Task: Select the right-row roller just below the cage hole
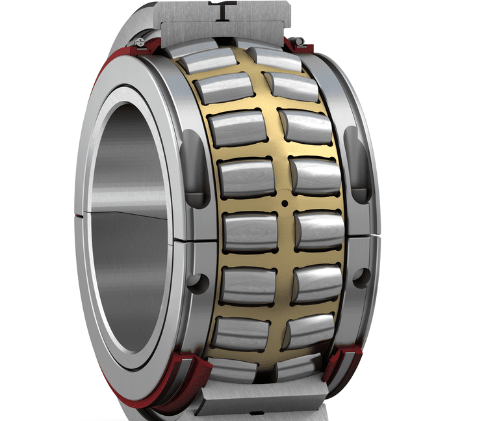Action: pyautogui.click(x=318, y=229)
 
